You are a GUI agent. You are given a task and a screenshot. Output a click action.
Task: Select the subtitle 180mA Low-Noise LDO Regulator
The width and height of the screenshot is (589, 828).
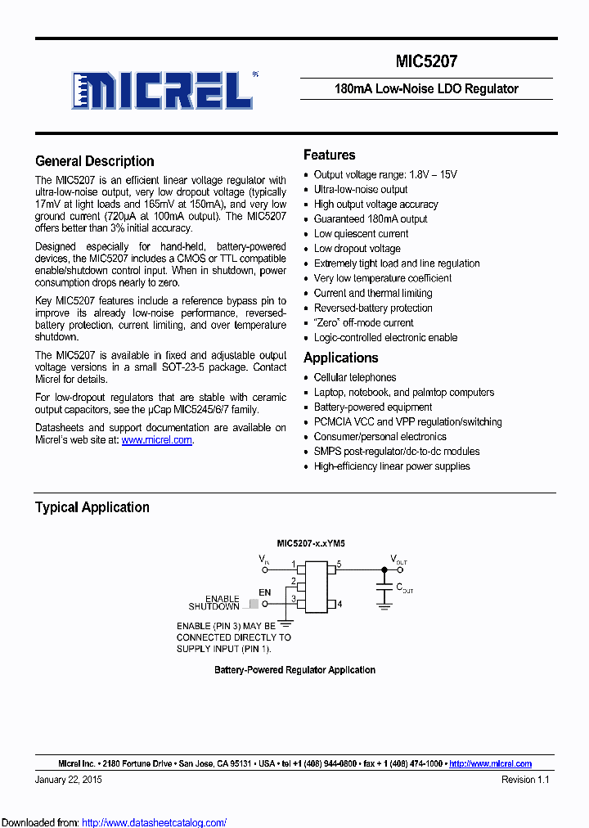coord(426,88)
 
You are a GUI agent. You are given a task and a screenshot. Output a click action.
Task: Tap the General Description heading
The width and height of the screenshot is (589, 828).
coord(95,161)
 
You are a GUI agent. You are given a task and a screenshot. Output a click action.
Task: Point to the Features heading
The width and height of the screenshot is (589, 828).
coord(329,155)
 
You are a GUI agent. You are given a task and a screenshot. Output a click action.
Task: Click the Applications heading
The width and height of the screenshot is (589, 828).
coord(340,358)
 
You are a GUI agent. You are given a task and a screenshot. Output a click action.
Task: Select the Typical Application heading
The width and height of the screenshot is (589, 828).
coord(92,507)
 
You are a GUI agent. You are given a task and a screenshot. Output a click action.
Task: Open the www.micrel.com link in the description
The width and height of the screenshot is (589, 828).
coord(157,440)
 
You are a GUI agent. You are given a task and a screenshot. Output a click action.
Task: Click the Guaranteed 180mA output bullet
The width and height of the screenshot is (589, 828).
coord(370,219)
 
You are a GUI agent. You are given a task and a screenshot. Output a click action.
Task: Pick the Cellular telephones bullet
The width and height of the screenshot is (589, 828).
coord(354,378)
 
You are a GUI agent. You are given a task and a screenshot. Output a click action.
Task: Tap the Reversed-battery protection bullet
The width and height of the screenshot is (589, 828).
coord(372,308)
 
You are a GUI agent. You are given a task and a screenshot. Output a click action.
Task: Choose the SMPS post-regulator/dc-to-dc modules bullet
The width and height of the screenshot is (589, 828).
coord(396,452)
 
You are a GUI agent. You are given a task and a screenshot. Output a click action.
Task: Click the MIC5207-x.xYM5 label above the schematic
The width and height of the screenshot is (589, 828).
coord(311,543)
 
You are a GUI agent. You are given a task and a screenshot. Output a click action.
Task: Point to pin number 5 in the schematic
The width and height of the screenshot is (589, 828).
coord(339,564)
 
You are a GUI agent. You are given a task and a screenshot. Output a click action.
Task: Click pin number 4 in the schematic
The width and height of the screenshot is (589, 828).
coord(339,605)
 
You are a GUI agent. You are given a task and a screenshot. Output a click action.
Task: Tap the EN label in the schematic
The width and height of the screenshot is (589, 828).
coord(264,592)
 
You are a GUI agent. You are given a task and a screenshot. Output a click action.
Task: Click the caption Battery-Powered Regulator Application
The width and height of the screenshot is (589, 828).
coord(294,670)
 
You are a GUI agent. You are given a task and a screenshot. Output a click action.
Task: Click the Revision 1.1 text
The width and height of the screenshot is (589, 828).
coord(525,780)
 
